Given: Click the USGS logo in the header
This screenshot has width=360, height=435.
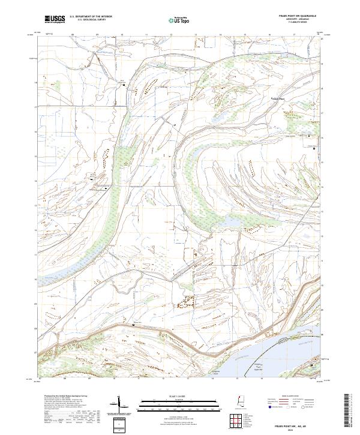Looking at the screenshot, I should click(55, 19).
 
